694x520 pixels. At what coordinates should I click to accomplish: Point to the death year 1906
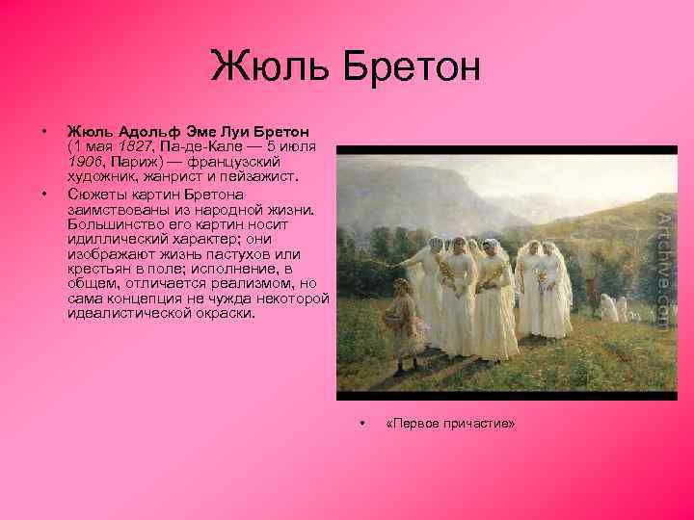click(x=85, y=161)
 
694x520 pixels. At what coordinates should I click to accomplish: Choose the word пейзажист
click(x=237, y=176)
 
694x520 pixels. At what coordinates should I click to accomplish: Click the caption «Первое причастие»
click(x=449, y=424)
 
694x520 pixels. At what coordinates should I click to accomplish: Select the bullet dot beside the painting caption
click(x=361, y=424)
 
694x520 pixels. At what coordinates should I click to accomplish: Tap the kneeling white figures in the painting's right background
click(x=613, y=309)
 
